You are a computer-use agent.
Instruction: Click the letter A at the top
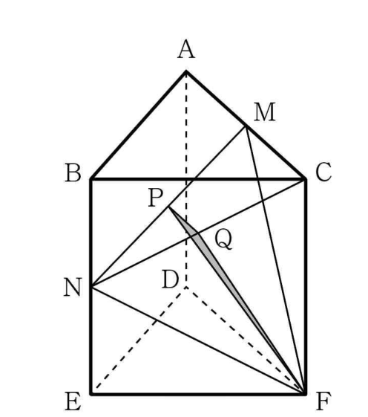click(x=186, y=49)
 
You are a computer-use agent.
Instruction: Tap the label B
click(x=73, y=173)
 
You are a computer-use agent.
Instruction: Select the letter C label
click(x=323, y=172)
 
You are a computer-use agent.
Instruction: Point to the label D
click(x=170, y=279)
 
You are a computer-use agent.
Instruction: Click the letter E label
click(x=73, y=401)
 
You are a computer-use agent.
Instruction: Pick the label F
click(x=323, y=401)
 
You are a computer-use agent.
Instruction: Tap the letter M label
click(x=264, y=112)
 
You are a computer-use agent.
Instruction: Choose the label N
click(x=73, y=287)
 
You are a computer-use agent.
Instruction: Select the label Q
click(x=223, y=239)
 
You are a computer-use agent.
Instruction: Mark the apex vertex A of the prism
click(x=186, y=71)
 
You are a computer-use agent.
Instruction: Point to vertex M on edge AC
click(x=246, y=127)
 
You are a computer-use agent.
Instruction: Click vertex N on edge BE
click(x=91, y=287)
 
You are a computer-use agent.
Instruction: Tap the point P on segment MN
click(x=168, y=207)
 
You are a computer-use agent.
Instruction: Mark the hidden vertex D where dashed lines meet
click(x=186, y=287)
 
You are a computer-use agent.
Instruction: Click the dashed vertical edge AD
click(x=186, y=179)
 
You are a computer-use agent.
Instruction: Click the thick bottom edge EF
click(x=199, y=394)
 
